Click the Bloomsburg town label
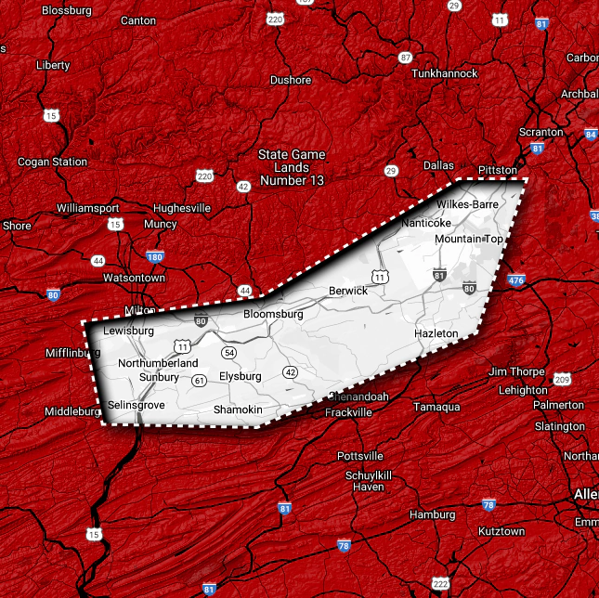coord(273,315)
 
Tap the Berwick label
coord(348,291)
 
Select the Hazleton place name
coord(436,332)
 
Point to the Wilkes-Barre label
coord(467,203)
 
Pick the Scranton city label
coord(541,132)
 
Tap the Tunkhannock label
coord(444,73)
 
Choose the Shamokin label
coord(239,409)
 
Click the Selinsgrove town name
coord(136,406)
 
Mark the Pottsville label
coord(360,456)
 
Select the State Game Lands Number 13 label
coord(292,167)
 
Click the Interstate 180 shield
coord(155,257)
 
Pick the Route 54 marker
coord(229,354)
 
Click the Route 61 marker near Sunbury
coord(199,381)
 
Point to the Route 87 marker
coord(405,58)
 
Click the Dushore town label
coord(291,80)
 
